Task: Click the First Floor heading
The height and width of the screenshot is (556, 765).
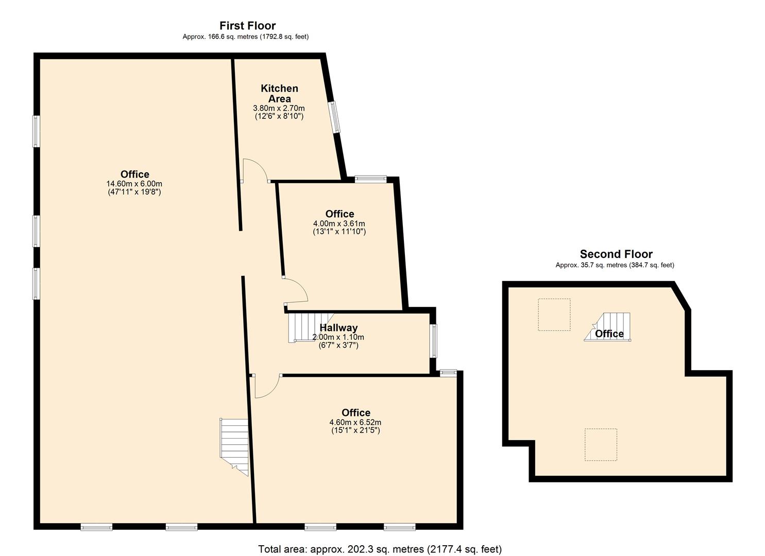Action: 247,25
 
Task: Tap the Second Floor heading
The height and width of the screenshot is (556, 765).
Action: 616,254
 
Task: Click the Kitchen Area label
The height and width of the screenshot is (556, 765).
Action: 279,93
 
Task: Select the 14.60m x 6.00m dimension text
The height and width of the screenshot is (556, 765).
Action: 134,184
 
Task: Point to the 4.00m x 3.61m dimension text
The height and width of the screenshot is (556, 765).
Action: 339,223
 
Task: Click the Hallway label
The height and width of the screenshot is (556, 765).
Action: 338,327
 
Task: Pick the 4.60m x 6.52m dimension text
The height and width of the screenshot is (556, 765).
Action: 355,422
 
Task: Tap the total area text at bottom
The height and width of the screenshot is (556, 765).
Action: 380,549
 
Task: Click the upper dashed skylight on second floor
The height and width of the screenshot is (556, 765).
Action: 554,314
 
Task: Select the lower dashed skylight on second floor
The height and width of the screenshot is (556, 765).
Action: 601,444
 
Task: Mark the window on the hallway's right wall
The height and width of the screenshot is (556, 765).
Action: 434,340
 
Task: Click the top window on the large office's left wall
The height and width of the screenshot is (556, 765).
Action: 36,131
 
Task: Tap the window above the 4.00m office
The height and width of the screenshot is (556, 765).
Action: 370,179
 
